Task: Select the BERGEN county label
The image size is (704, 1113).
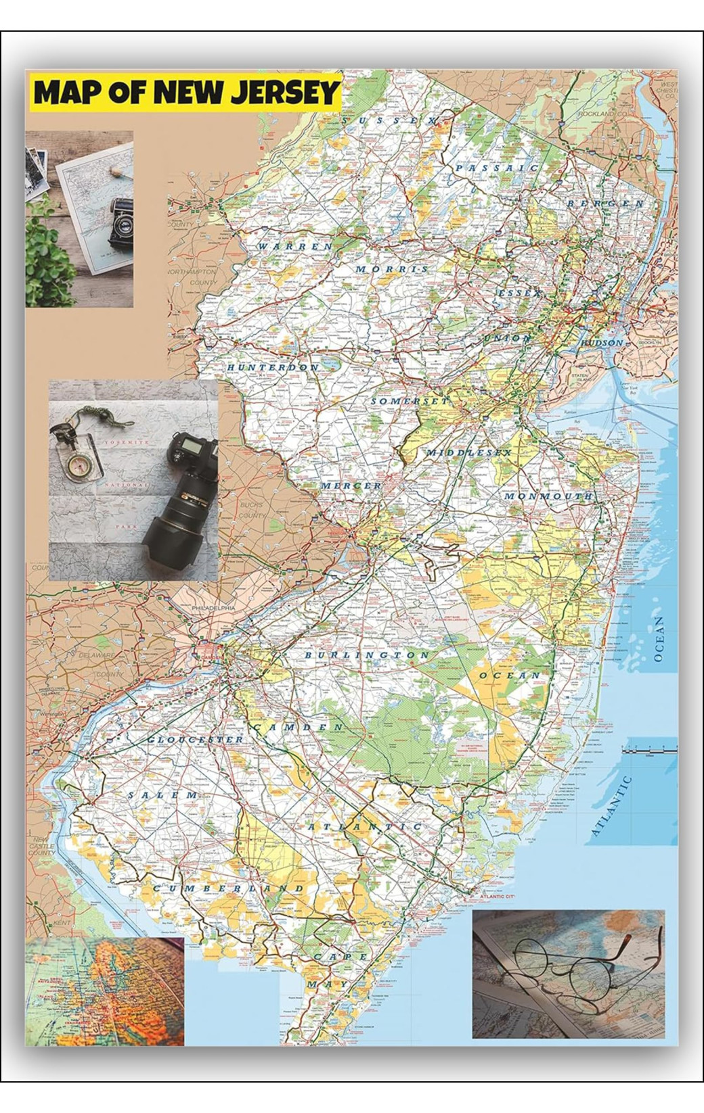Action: pos(605,203)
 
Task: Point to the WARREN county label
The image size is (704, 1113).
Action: pos(294,246)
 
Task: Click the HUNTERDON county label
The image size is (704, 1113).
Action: pos(273,367)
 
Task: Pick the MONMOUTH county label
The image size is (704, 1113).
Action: pos(548,496)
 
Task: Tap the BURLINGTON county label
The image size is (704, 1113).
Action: pos(366,655)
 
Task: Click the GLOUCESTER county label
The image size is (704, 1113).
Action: pos(195,740)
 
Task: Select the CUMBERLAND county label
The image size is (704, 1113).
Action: pos(227,887)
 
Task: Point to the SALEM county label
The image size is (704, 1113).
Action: pos(163,795)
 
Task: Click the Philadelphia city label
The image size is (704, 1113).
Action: pos(213,609)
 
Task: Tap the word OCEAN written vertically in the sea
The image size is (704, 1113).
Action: pos(659,638)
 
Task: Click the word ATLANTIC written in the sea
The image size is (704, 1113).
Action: pos(611,806)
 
